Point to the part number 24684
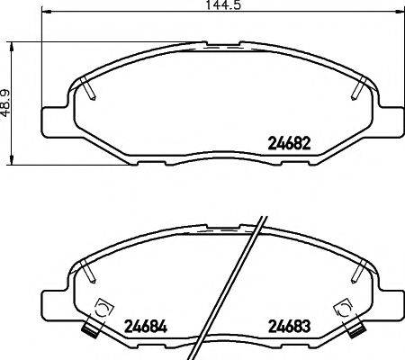(143, 325)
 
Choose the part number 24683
(289, 325)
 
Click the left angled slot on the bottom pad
(87, 267)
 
